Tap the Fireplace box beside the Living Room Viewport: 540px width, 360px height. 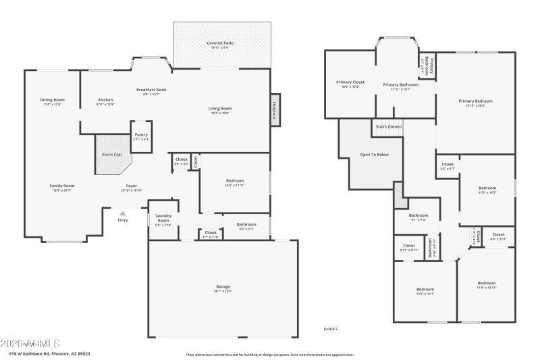pos(275,110)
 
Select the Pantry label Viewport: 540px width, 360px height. pos(141,134)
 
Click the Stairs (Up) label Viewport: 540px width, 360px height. pos(112,155)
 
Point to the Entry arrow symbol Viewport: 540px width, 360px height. pos(123,213)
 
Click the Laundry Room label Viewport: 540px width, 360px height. pos(163,218)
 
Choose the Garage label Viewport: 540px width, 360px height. pos(223,287)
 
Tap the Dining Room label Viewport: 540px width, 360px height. pos(52,100)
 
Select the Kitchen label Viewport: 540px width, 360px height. pos(106,100)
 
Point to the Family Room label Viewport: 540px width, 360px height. pos(61,186)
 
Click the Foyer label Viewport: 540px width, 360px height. pos(132,186)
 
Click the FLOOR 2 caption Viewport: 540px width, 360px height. pos(331,329)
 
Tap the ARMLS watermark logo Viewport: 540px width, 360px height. pos(30,343)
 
